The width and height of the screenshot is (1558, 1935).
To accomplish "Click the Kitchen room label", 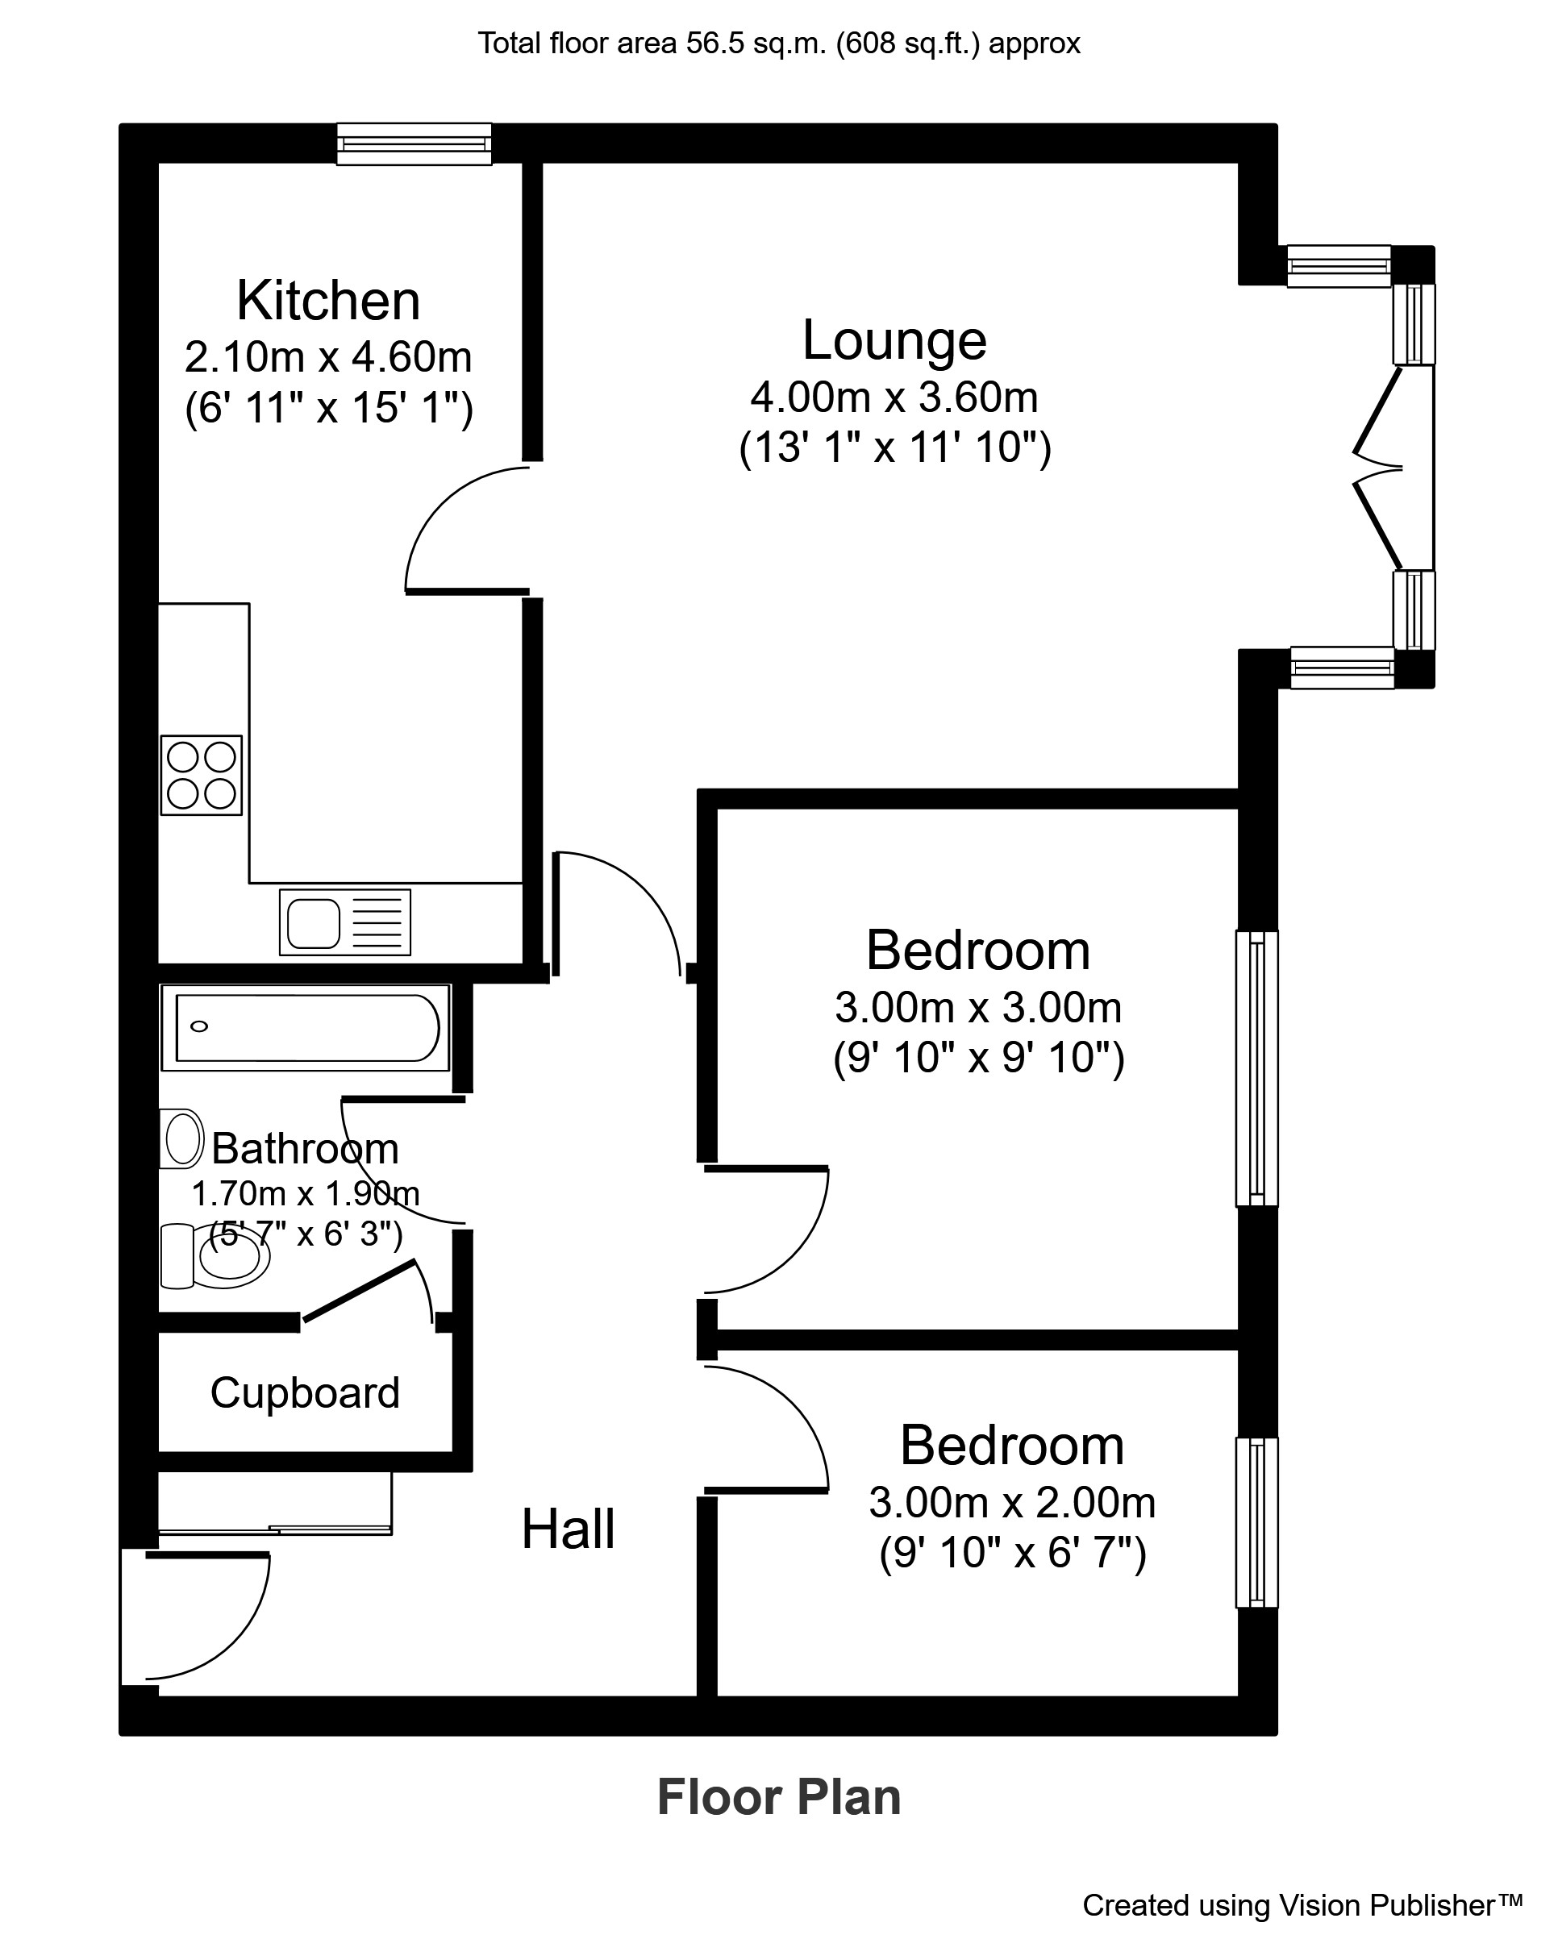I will pyautogui.click(x=327, y=301).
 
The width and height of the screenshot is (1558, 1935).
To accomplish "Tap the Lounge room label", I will pyautogui.click(x=894, y=340).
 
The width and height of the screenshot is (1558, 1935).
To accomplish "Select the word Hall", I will pyautogui.click(x=568, y=1529).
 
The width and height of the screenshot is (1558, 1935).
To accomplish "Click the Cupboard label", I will pyautogui.click(x=305, y=1393).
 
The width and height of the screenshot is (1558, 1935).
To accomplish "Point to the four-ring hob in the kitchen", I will pyautogui.click(x=201, y=776).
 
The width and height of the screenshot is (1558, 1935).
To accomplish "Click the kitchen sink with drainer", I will pyautogui.click(x=344, y=922).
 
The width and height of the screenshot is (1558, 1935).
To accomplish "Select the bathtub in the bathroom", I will pyautogui.click(x=305, y=1028).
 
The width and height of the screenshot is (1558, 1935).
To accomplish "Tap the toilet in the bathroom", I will pyautogui.click(x=220, y=1255).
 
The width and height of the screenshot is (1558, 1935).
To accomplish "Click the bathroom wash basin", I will pyautogui.click(x=182, y=1139).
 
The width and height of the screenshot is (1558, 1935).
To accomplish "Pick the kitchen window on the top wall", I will pyautogui.click(x=414, y=144).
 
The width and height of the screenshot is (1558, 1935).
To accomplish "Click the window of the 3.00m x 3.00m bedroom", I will pyautogui.click(x=1256, y=1068).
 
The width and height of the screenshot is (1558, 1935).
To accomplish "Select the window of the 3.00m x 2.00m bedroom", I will pyautogui.click(x=1256, y=1522).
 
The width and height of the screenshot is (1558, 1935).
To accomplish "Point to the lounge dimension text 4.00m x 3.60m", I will pyautogui.click(x=894, y=397).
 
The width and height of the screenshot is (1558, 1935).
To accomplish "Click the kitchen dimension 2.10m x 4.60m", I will pyautogui.click(x=327, y=357).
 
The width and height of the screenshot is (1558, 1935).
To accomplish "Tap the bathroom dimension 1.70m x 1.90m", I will pyautogui.click(x=305, y=1194).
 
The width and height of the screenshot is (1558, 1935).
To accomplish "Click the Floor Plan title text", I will pyautogui.click(x=778, y=1798).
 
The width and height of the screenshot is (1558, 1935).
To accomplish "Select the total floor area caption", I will pyautogui.click(x=778, y=43).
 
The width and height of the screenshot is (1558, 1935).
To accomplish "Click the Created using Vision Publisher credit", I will pyautogui.click(x=1302, y=1905).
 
